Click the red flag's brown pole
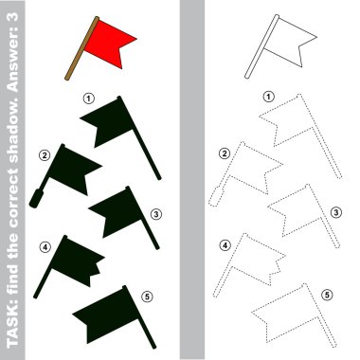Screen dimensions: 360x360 point(81,48)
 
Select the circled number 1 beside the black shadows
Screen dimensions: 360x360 point(89,99)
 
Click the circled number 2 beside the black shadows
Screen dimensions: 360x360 point(45,155)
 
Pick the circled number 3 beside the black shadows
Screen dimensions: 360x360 point(155,214)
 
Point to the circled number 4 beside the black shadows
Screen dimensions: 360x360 point(45,247)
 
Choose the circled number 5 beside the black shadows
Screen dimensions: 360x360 point(147,297)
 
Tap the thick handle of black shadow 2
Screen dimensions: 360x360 point(36,199)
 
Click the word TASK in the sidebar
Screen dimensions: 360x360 point(12,329)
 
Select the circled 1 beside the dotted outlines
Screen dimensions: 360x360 point(269,97)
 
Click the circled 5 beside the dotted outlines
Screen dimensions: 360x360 point(327,295)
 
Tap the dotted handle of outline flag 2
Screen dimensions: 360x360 point(216,197)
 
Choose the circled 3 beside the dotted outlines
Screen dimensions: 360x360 point(336,212)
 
